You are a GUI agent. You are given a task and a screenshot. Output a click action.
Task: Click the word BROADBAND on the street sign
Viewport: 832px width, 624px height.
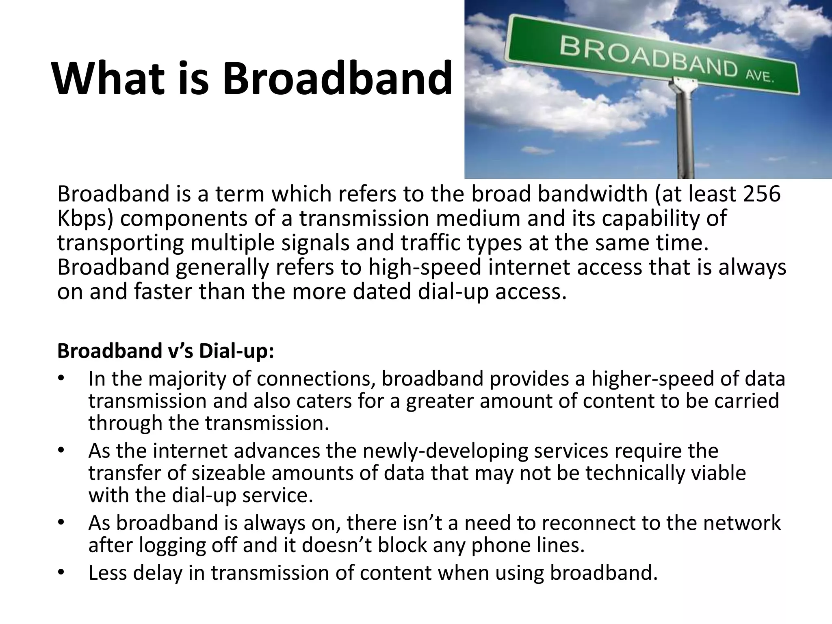tap(648, 57)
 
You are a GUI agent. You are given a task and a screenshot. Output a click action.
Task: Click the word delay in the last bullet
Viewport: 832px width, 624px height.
tap(156, 573)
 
